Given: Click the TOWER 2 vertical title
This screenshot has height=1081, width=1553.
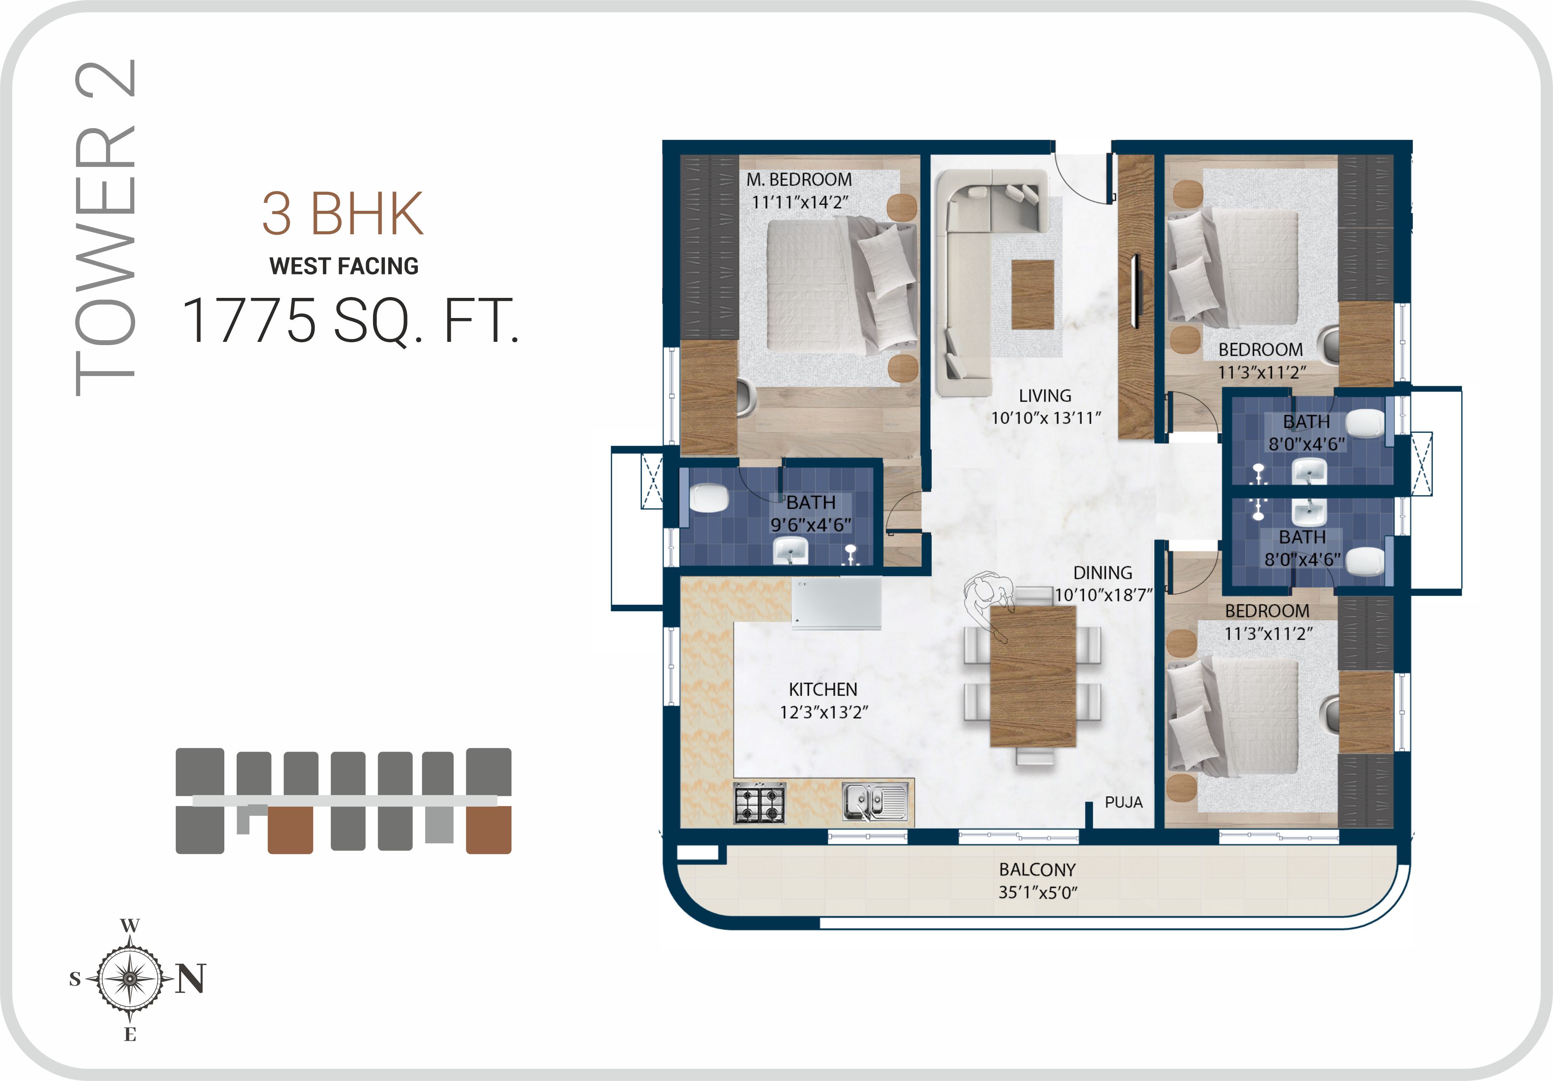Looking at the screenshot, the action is point(105,228).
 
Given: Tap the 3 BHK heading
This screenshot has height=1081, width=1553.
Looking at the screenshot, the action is point(343,214).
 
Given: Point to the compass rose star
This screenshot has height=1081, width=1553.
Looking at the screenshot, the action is point(130,978).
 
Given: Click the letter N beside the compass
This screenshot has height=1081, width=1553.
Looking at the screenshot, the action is point(191,978).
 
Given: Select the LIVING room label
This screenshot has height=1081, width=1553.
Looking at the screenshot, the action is point(1045,396).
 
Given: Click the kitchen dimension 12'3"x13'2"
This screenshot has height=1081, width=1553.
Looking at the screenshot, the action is point(824,712).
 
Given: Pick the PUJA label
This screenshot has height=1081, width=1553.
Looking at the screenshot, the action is point(1124,802).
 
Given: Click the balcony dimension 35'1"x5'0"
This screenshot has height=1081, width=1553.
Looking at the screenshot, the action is point(1037,892).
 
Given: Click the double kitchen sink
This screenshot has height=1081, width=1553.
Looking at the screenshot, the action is point(875,802).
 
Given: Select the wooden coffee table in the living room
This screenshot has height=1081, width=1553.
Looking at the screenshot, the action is point(1033,294).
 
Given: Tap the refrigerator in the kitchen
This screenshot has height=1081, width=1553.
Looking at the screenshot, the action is point(837,604).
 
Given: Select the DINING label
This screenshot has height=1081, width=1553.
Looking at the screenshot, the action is point(1103,573).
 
